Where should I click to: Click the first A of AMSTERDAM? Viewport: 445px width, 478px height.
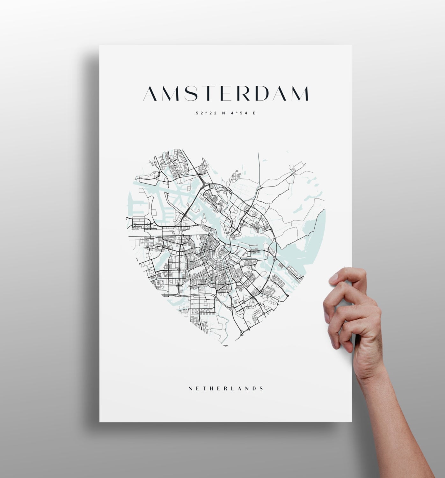152,93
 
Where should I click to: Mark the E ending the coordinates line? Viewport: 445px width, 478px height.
254,112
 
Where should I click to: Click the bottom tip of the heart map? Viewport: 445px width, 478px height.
226,346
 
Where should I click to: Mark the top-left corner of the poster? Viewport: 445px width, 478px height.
100,46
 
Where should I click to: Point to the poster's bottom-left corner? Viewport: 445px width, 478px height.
100,421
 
